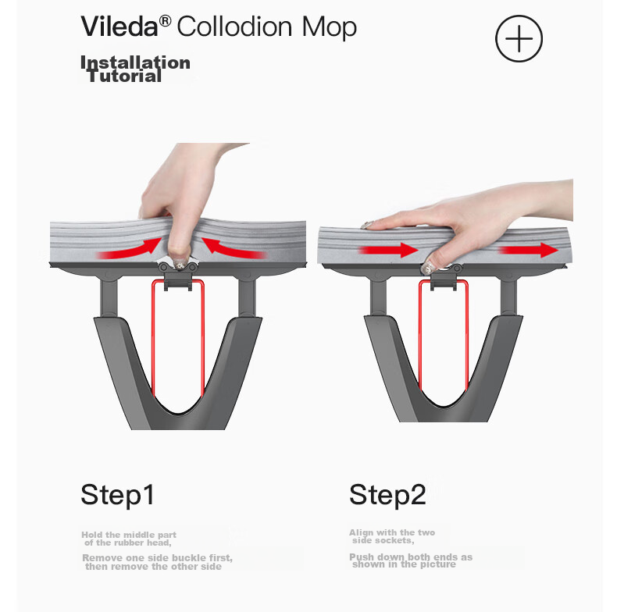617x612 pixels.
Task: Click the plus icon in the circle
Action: pos(519,38)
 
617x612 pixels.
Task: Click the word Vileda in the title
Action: pos(119,27)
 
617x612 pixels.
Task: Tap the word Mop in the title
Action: pos(330,27)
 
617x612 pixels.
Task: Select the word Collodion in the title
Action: pos(234,27)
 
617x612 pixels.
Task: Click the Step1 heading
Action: pos(117,495)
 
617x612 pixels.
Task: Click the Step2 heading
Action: pos(387,495)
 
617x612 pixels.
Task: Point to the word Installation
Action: pos(135,62)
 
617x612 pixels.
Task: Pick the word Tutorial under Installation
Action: pos(124,76)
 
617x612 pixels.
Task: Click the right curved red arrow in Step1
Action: pos(234,247)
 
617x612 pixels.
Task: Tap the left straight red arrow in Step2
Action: pos(388,250)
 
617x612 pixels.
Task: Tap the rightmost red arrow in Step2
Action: pos(529,250)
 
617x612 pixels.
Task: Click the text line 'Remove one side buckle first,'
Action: pos(158,557)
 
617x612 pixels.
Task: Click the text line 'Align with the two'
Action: pos(392,532)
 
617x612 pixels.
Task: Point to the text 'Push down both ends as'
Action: pos(411,557)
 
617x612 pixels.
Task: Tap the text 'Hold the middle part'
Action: pos(129,535)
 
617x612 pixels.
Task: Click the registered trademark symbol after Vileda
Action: pos(165,21)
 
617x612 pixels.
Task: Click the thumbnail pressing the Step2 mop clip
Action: pos(428,269)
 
